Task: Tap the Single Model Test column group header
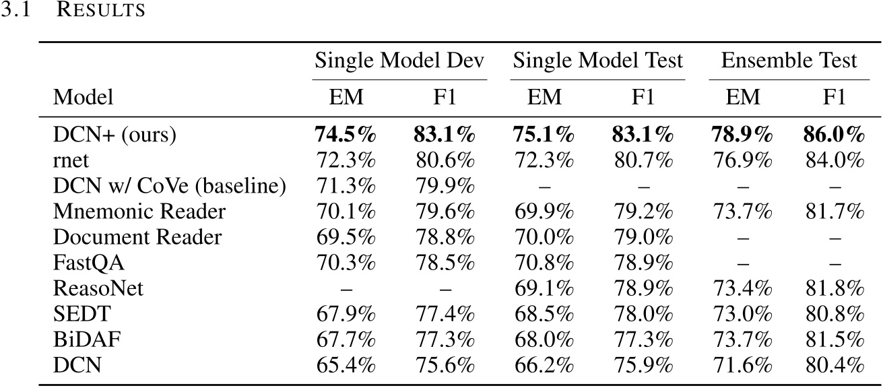(x=597, y=61)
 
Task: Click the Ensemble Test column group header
(x=789, y=61)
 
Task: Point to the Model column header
(x=84, y=98)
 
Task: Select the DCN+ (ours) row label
(x=115, y=135)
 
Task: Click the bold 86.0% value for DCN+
(x=832, y=135)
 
